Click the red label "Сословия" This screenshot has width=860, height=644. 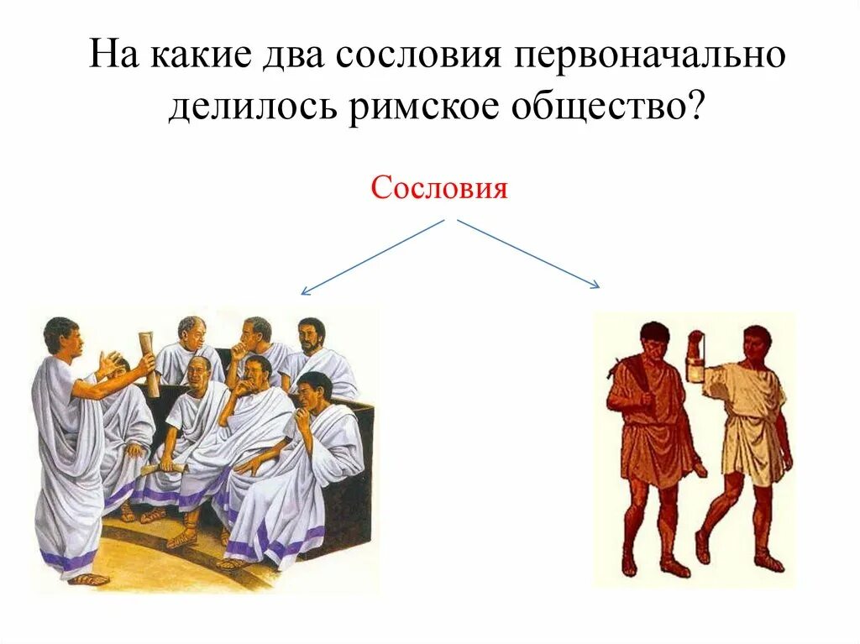[439, 188]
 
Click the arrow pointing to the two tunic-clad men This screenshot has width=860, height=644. [528, 254]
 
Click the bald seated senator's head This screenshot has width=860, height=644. [200, 370]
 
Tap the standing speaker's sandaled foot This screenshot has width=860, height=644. [88, 578]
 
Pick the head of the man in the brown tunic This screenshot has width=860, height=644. [654, 339]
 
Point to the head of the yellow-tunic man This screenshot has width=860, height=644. [758, 341]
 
